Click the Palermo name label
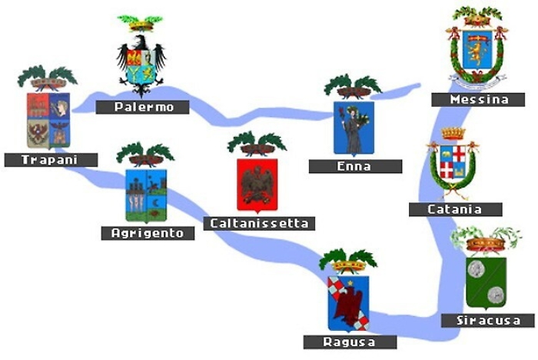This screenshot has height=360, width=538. click(x=142, y=107)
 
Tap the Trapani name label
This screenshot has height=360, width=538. click(x=51, y=160)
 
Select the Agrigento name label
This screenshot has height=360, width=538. click(x=147, y=232)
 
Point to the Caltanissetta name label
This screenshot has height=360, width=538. click(x=259, y=223)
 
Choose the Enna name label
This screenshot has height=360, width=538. click(x=354, y=166)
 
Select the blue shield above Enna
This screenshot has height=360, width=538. click(x=354, y=127)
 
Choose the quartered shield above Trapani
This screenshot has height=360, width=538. click(x=48, y=119)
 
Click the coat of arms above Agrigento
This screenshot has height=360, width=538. click(x=145, y=194)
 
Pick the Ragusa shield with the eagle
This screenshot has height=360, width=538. click(x=347, y=302)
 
